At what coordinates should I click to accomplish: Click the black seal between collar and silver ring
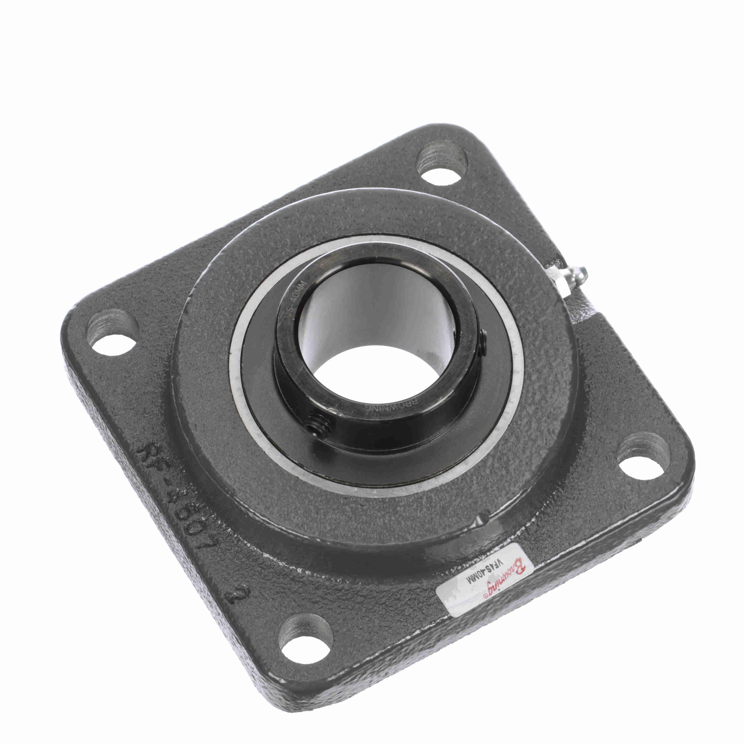click(262, 401)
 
